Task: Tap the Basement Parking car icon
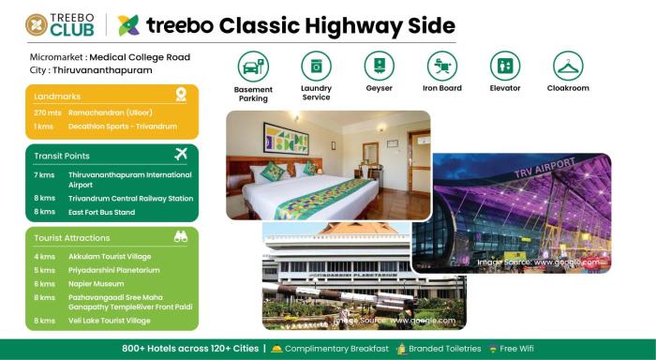(x=253, y=67)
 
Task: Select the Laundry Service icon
(x=316, y=67)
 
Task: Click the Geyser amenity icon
(x=379, y=67)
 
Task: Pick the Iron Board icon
(x=441, y=67)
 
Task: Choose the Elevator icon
(x=505, y=67)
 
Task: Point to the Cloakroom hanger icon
(x=568, y=67)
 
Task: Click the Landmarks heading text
(x=57, y=97)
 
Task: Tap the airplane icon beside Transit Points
(x=181, y=154)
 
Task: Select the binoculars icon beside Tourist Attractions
(x=181, y=237)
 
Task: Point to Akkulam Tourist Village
(x=106, y=256)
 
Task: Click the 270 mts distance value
(x=48, y=112)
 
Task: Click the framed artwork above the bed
(x=286, y=137)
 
